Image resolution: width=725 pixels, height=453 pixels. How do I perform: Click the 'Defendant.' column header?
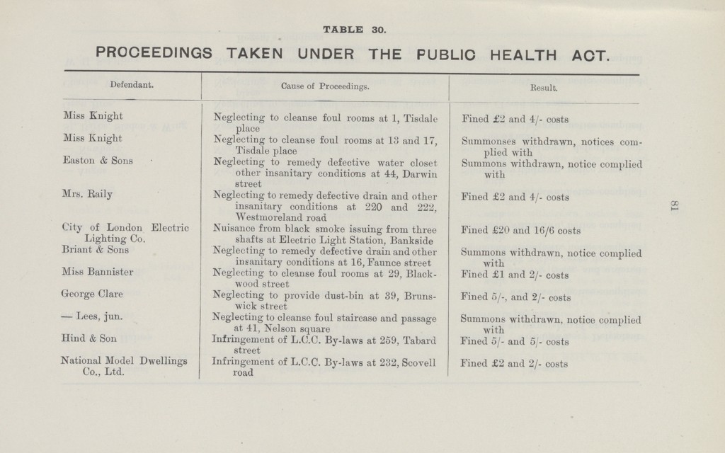[x=132, y=86]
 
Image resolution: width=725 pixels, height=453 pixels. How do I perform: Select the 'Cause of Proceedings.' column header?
[x=325, y=87]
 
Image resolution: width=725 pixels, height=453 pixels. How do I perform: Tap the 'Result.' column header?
[x=544, y=89]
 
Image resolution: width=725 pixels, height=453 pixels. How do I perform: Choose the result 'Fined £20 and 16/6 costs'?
[x=521, y=230]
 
